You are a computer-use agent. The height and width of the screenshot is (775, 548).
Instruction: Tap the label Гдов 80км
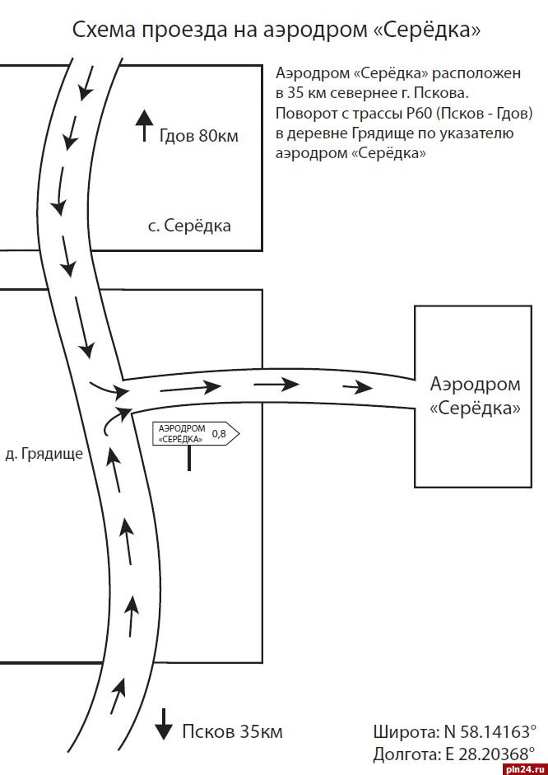coord(198,135)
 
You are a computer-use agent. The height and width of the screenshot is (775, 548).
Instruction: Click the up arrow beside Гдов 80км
coord(144,125)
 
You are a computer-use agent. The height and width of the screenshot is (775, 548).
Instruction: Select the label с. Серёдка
coord(189,226)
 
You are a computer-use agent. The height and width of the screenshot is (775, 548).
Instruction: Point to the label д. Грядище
coord(44,454)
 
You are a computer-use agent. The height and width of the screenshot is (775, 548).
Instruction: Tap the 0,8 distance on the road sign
coord(219,434)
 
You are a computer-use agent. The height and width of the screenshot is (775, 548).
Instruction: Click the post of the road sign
coord(189,458)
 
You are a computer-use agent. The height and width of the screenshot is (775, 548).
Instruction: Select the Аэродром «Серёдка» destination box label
coord(475,396)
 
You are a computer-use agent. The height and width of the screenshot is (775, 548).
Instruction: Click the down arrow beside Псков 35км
coord(164,724)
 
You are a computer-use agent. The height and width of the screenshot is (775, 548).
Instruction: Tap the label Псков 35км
coord(232,731)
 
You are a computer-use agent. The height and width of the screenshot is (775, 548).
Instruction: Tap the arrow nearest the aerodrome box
coord(357,387)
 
